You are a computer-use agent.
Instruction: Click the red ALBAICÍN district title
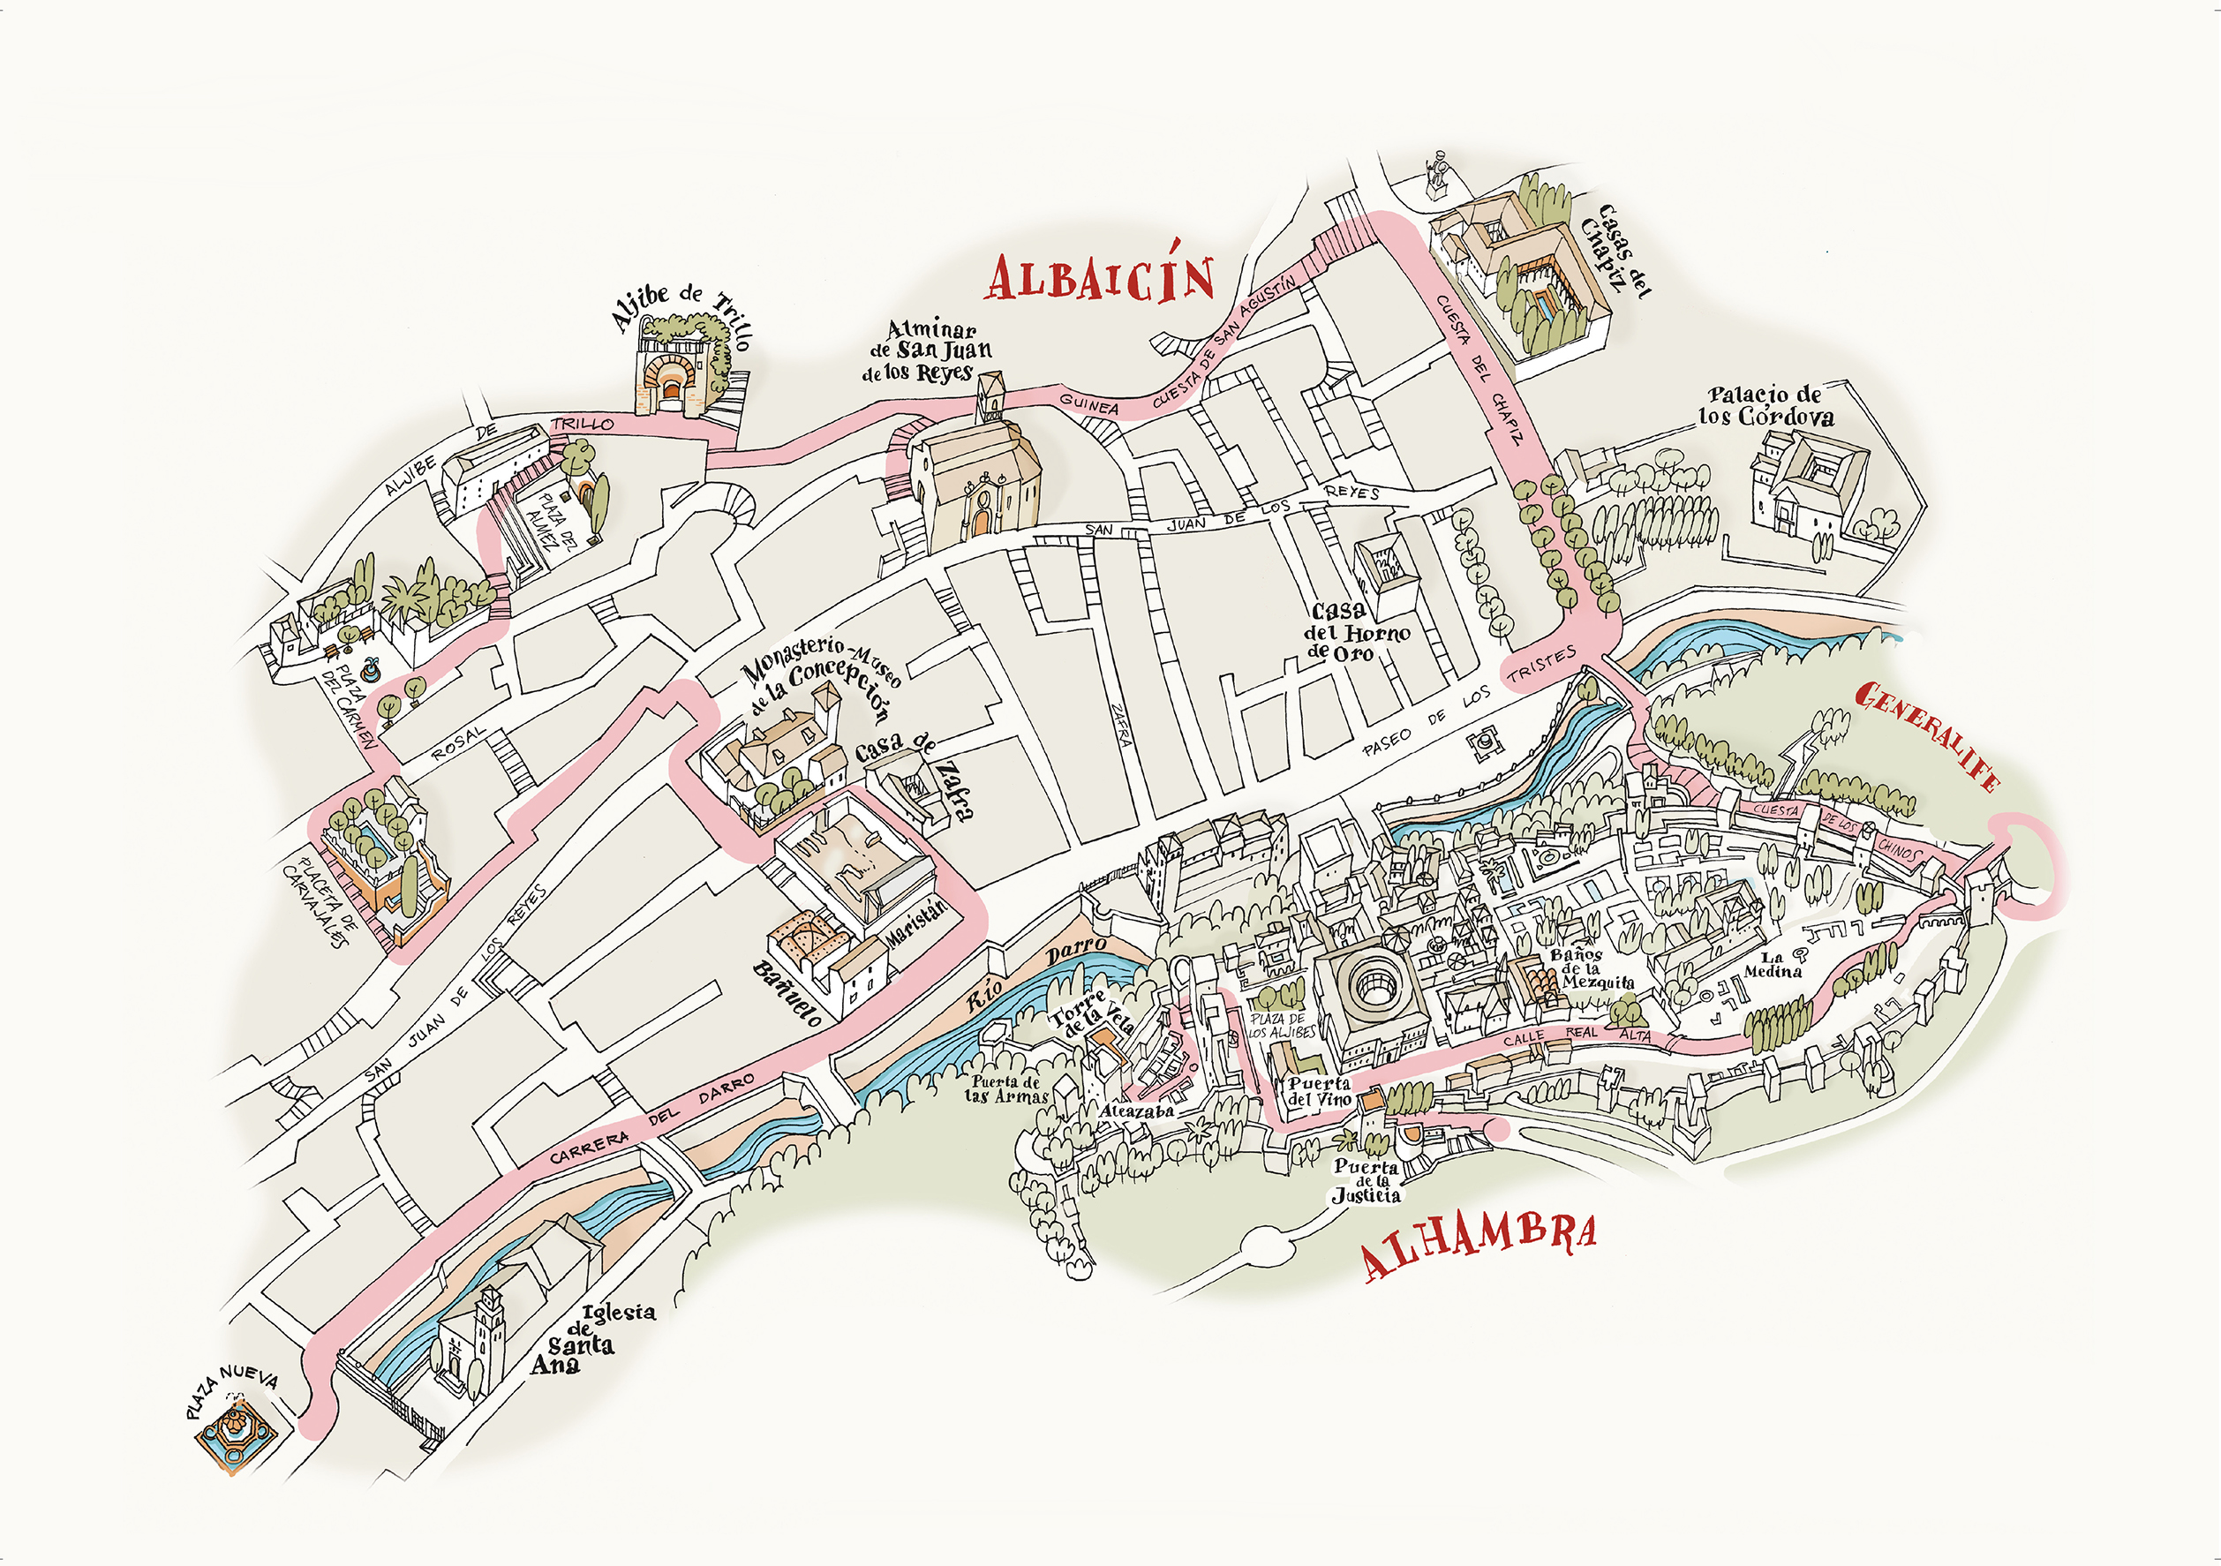point(1100,276)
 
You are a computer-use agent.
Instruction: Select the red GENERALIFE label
point(1928,735)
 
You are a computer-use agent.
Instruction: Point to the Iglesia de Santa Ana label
point(590,1341)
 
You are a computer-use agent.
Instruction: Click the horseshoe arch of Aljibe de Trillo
point(670,380)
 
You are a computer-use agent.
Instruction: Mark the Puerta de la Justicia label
point(1366,1181)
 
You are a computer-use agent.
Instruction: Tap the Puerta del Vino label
point(1319,1091)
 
